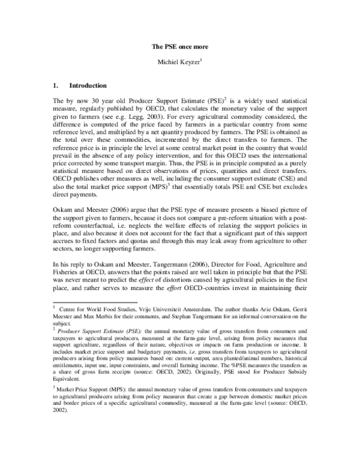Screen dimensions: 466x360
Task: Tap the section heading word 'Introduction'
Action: click(x=88, y=85)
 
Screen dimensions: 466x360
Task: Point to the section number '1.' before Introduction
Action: click(x=57, y=85)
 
